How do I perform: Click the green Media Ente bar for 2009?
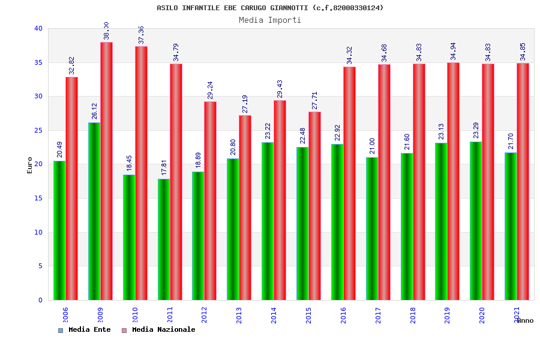pos(94,211)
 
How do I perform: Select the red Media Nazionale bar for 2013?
pos(245,208)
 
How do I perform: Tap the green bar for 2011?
pos(164,239)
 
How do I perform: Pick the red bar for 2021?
pos(523,181)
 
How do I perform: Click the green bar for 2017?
pos(372,229)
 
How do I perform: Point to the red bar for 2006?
pos(71,188)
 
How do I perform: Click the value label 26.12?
pos(94,111)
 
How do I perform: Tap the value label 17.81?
pos(164,167)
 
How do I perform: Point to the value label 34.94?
pos(453,52)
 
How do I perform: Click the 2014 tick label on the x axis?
pos(274,316)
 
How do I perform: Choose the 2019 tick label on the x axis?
pos(448,316)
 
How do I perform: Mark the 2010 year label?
pos(136,316)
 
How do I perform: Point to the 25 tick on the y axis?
pos(38,130)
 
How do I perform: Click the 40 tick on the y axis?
pos(38,28)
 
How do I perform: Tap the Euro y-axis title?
pos(30,165)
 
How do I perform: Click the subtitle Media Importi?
pos(270,20)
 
